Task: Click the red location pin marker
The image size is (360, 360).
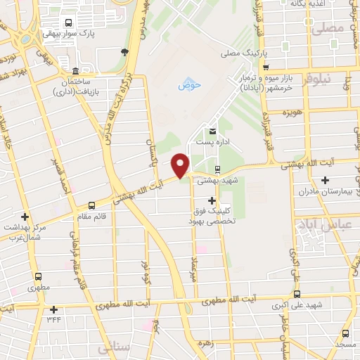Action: click(x=181, y=165)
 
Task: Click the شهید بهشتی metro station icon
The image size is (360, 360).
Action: click(x=217, y=169)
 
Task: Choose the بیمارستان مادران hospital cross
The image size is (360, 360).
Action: click(x=324, y=180)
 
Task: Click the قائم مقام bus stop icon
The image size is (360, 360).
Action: click(x=91, y=206)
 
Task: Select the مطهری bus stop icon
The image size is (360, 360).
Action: click(x=37, y=276)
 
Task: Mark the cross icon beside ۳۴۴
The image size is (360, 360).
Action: click(x=53, y=309)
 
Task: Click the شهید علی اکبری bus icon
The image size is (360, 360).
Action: click(x=297, y=294)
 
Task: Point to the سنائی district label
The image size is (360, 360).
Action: click(x=114, y=347)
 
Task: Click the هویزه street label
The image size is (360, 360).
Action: click(x=292, y=112)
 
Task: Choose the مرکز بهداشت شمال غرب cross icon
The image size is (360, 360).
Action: click(x=25, y=217)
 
